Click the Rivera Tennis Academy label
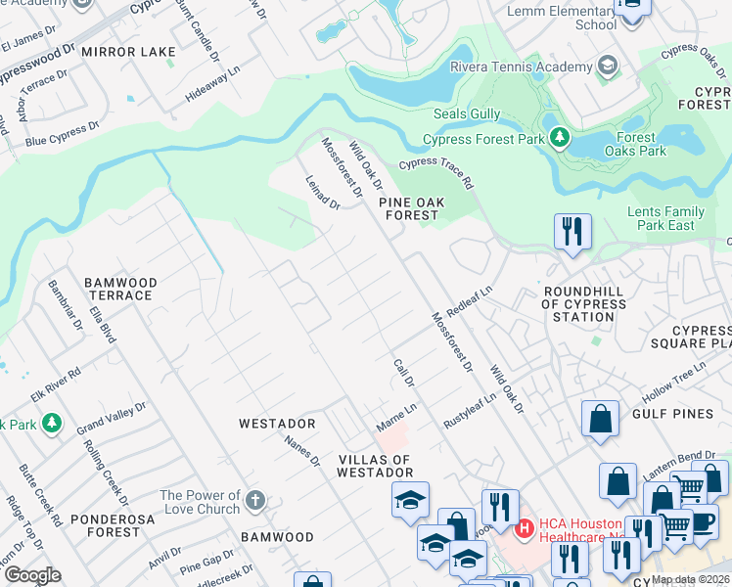[521, 67]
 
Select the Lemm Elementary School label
[562, 18]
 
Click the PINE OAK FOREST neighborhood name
[412, 208]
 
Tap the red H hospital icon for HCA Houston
[525, 528]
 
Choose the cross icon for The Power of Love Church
[254, 502]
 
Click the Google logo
[33, 575]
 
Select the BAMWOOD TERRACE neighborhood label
[118, 289]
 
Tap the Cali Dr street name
[404, 371]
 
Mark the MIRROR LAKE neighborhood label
[128, 51]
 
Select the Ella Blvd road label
[102, 325]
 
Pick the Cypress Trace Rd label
[435, 175]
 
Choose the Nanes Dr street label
[302, 451]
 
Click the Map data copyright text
[690, 579]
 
